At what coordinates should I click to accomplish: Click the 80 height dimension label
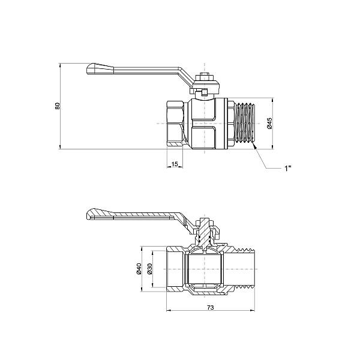pos(57,106)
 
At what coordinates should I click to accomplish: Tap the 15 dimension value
pos(175,164)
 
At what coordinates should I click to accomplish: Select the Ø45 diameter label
pos(269,123)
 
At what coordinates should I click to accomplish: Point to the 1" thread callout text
pos(287,168)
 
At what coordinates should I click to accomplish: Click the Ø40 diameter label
pos(139,269)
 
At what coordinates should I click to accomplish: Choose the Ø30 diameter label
pos(149,269)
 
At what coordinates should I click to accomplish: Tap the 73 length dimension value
pos(211,307)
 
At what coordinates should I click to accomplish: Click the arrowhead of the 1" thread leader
pos(254,145)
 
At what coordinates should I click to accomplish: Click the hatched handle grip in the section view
pos(100,214)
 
